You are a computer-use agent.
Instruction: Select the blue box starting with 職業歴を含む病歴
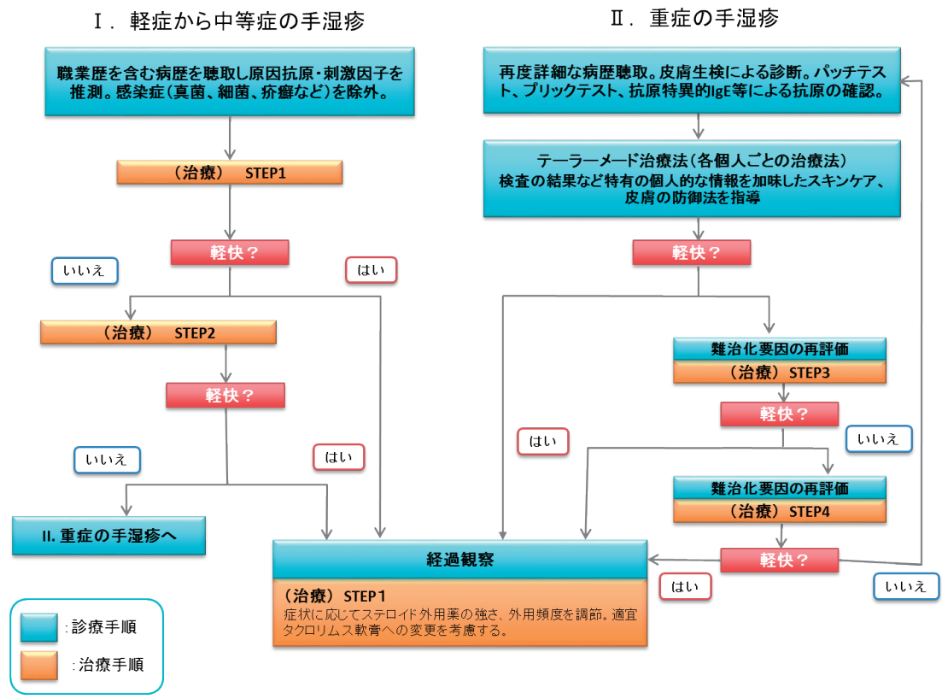(230, 83)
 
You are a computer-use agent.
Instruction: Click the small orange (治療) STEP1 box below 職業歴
(230, 173)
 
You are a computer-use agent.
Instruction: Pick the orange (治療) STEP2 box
(158, 332)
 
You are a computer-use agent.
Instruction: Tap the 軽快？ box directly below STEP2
(225, 395)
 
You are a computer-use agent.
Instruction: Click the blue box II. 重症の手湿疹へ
(108, 536)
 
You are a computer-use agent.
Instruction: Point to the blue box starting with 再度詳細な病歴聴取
(691, 79)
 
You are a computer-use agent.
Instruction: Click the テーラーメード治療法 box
(691, 179)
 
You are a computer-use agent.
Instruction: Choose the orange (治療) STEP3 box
(780, 372)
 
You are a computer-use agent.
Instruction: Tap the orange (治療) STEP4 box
(780, 512)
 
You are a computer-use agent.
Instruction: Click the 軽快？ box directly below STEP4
(780, 561)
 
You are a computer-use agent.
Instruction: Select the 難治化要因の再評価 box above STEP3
(780, 349)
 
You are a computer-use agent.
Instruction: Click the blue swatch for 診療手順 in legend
(39, 627)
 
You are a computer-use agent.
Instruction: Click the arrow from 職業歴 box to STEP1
(230, 137)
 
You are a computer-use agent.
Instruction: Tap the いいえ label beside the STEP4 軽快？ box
(906, 586)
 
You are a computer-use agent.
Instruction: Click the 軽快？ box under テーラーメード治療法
(691, 253)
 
